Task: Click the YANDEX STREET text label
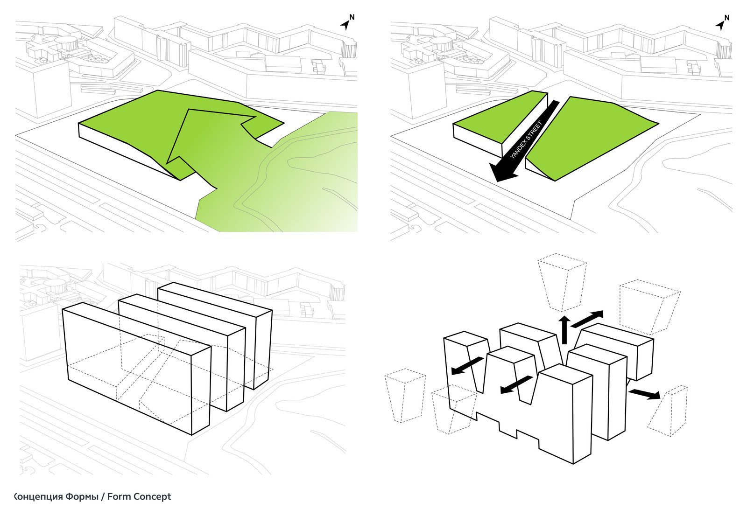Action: pyautogui.click(x=526, y=140)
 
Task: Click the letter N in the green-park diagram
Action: pyautogui.click(x=352, y=17)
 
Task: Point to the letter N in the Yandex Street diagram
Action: pyautogui.click(x=727, y=18)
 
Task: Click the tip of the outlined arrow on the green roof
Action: pyautogui.click(x=189, y=111)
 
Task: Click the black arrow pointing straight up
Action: pyautogui.click(x=564, y=328)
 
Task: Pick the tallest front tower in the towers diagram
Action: pyautogui.click(x=567, y=411)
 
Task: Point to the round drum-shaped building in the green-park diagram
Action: pyautogui.click(x=66, y=43)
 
